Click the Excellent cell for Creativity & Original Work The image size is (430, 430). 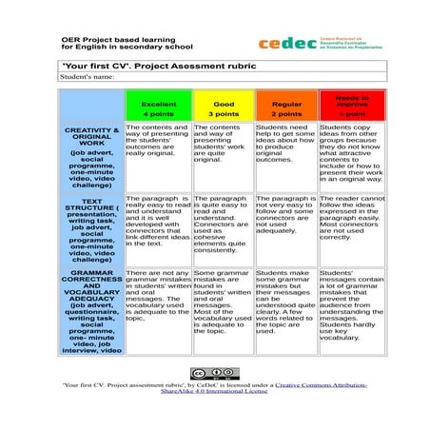[157, 152]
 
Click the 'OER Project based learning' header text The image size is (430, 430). [105, 38]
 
